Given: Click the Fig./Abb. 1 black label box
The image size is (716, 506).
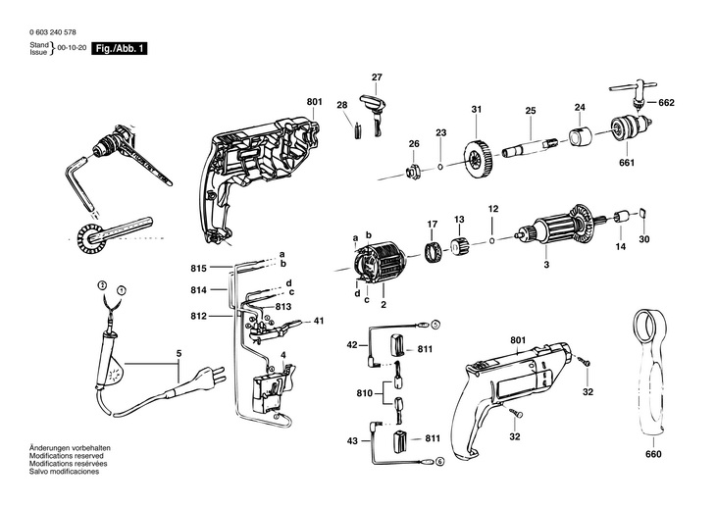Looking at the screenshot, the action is (120, 48).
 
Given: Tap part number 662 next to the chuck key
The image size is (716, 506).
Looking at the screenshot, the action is (667, 103).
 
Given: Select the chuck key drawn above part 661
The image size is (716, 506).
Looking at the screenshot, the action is (634, 94).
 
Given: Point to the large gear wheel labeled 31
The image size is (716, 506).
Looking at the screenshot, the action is (477, 160).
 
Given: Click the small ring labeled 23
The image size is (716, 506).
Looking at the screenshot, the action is (439, 167).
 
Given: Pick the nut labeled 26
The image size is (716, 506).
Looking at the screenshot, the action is (413, 173).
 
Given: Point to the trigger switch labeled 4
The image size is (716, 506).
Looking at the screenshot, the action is (274, 387).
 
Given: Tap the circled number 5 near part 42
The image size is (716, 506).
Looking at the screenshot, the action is (435, 325).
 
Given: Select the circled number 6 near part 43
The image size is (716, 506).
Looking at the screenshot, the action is (438, 461).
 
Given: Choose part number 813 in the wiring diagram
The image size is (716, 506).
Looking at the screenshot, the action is (283, 307).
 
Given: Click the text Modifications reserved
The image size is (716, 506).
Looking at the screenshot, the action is (67, 456).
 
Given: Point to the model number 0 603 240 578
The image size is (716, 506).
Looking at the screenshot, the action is (53, 32).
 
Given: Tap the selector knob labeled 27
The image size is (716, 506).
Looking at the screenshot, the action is (375, 114).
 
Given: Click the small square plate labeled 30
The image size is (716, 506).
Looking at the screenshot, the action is (643, 213).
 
